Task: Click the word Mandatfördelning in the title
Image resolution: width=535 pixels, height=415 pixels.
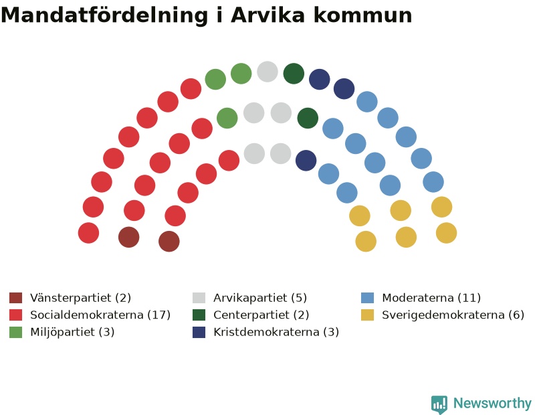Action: click(104, 15)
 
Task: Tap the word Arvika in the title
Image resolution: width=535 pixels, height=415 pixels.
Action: click(268, 15)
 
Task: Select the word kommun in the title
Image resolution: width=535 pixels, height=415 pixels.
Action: click(362, 15)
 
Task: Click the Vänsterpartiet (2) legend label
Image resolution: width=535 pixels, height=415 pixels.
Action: click(80, 298)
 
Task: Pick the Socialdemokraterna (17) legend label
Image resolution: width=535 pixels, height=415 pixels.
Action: click(100, 315)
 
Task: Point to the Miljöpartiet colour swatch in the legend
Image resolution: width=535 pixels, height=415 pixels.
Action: click(15, 332)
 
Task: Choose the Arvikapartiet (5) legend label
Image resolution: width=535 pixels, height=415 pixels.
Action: click(260, 298)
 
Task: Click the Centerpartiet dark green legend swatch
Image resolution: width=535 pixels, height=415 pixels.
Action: click(199, 315)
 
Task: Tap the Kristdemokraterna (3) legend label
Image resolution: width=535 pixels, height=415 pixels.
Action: click(276, 332)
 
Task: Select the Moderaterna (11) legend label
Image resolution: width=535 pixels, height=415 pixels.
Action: click(431, 298)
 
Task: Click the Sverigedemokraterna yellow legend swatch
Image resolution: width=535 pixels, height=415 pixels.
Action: click(367, 315)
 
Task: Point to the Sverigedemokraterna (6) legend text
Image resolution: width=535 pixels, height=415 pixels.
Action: click(453, 315)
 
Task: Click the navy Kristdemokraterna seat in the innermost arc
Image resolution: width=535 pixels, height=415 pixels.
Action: click(306, 161)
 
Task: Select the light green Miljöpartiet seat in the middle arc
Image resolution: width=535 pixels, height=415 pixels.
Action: click(227, 118)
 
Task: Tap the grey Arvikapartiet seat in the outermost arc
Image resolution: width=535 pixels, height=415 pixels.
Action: click(267, 72)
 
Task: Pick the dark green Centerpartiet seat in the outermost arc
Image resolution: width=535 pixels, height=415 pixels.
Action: click(294, 74)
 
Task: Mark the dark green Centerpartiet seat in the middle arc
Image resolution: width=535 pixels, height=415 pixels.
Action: click(308, 118)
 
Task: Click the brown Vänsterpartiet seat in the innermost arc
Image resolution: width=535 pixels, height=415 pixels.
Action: click(169, 242)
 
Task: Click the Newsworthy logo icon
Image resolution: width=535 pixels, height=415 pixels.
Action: click(439, 404)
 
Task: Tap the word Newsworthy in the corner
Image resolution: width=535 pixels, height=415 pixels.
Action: click(492, 404)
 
